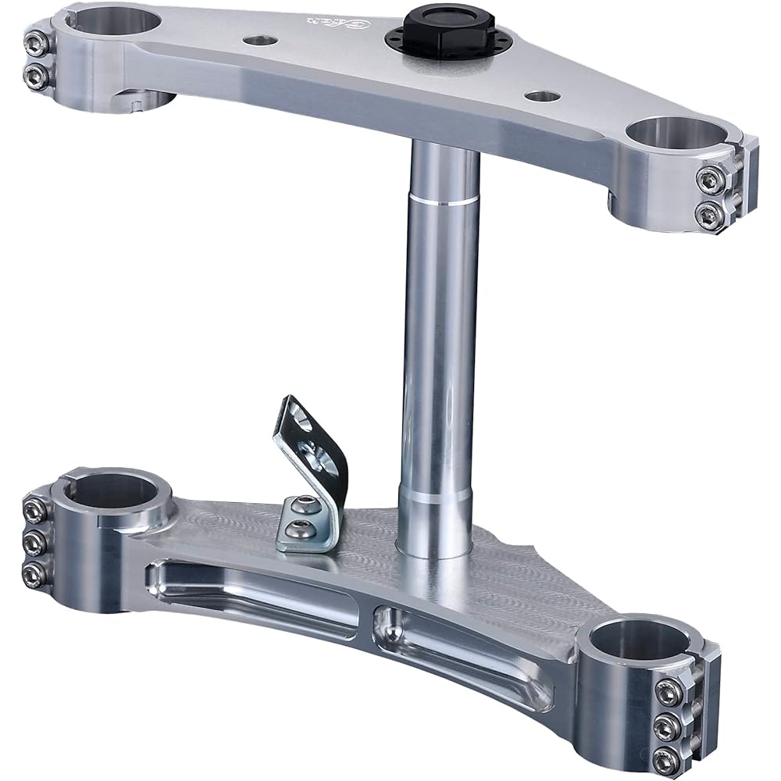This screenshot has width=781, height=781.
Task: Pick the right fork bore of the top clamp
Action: [x=677, y=134]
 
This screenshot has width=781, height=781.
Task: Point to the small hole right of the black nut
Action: [x=542, y=96]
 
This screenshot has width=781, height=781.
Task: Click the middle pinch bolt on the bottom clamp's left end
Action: [x=33, y=542]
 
